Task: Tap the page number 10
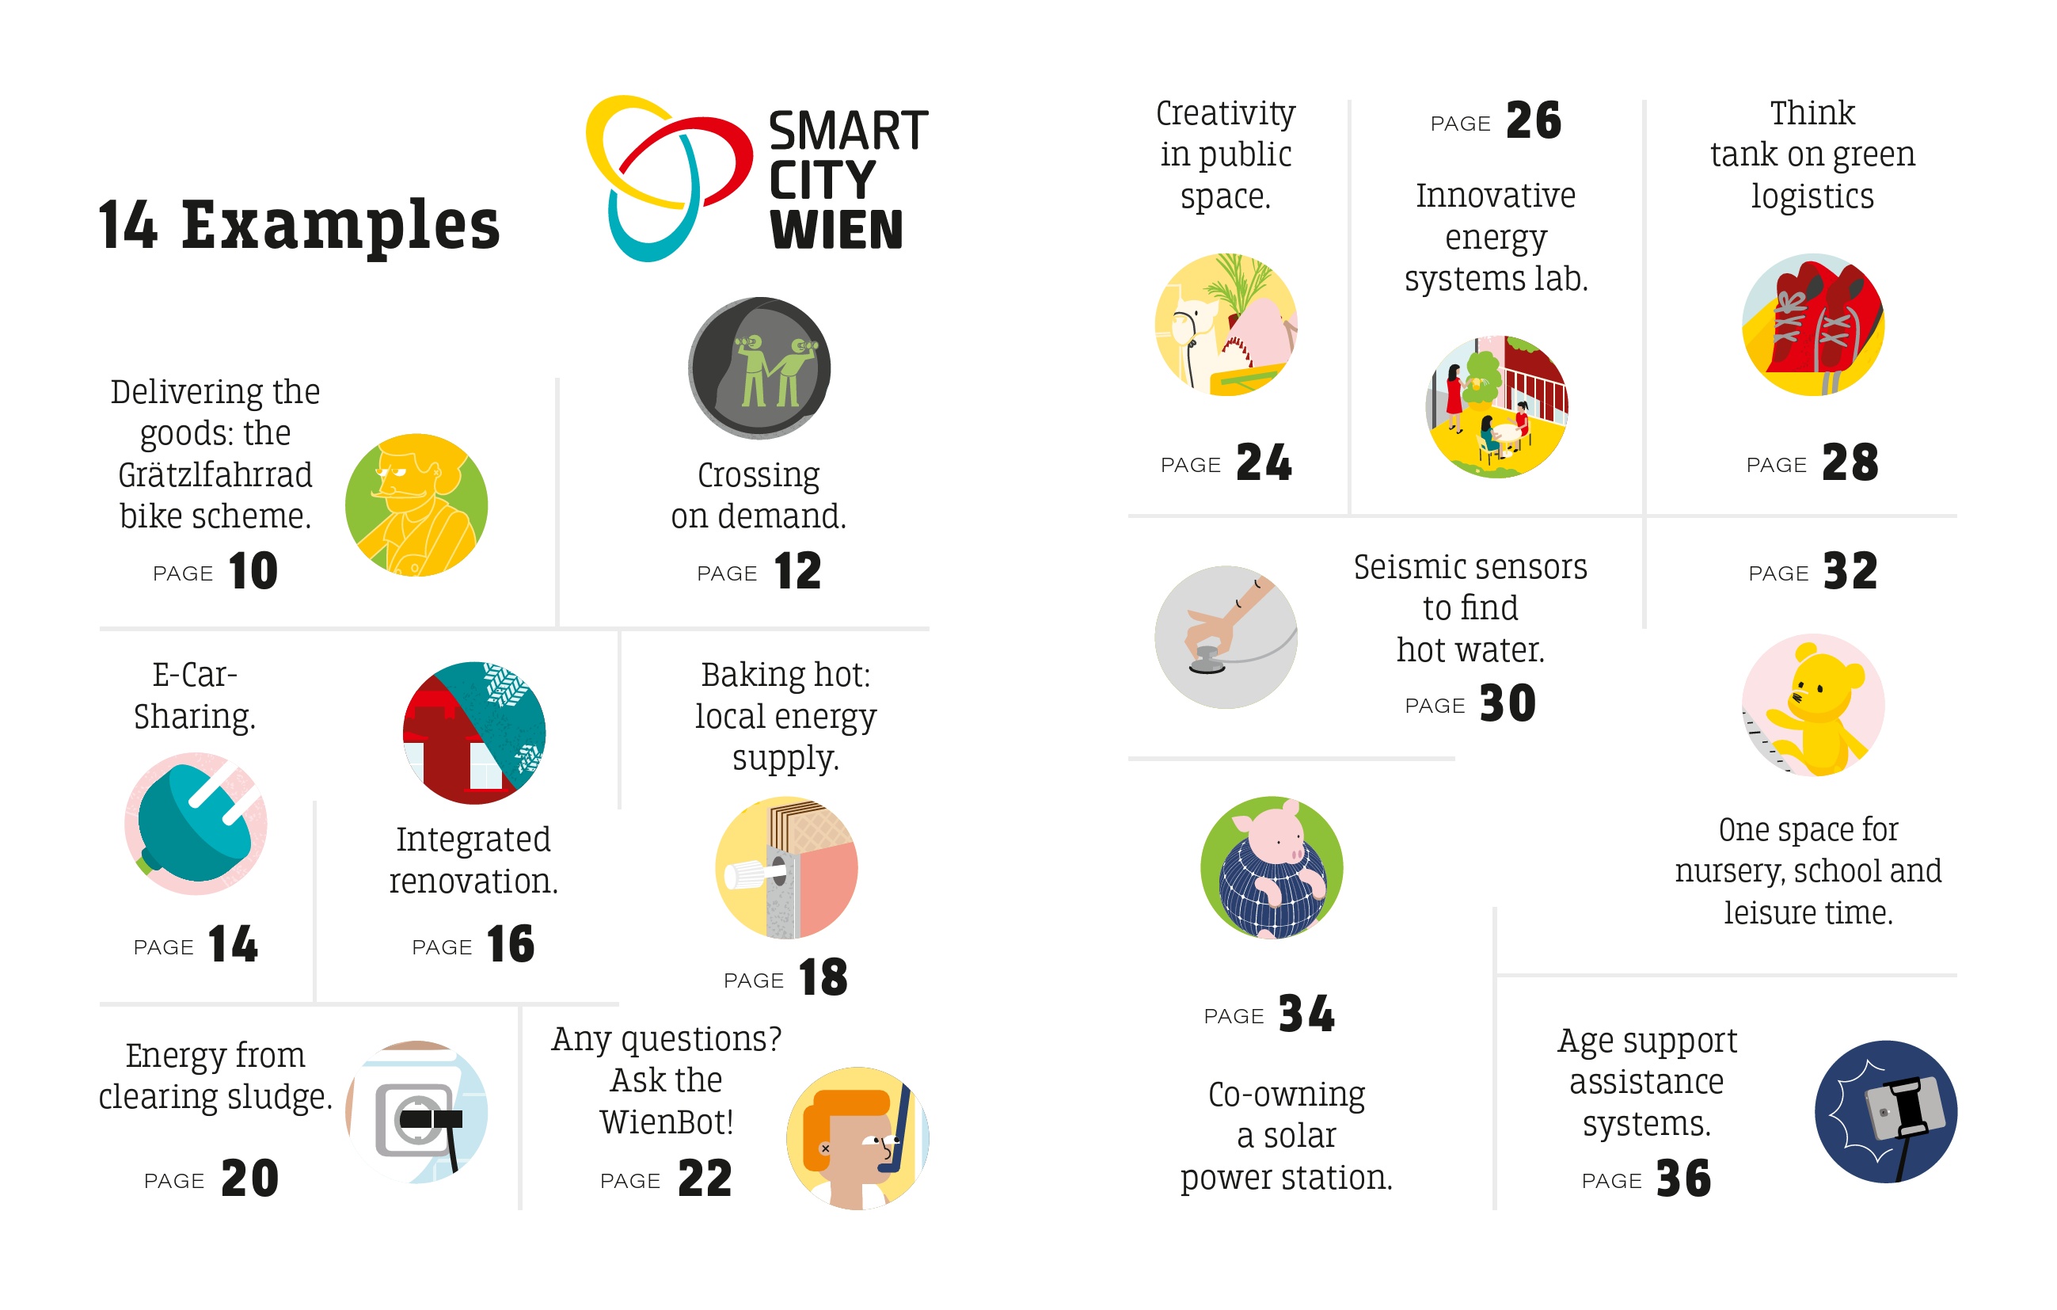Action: pos(253,571)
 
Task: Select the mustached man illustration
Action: pos(416,505)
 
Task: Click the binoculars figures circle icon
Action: pos(759,368)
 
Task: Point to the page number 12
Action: pos(797,571)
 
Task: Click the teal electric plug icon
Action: pos(196,824)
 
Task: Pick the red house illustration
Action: pos(473,733)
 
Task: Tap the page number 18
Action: pos(823,977)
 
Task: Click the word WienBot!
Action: pos(667,1122)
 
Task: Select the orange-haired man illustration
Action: pos(857,1137)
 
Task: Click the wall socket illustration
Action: pos(416,1112)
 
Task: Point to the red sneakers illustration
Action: pos(1812,325)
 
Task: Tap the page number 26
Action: pos(1534,120)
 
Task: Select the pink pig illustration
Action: pos(1271,867)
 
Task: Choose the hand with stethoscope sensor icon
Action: pos(1226,637)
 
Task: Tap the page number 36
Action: pos(1682,1179)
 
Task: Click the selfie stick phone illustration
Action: pos(1885,1112)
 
